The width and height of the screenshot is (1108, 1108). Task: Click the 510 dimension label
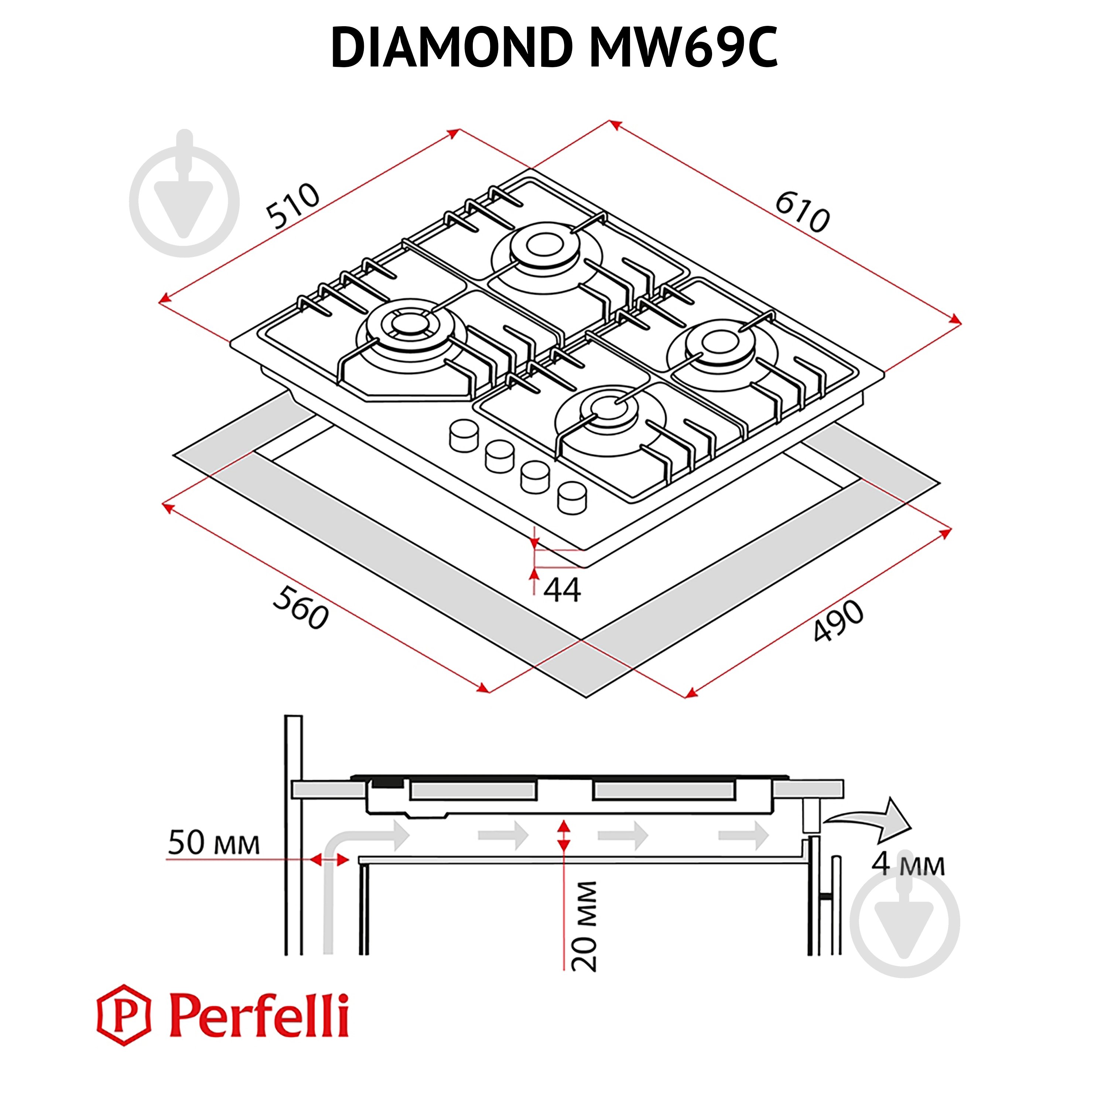[x=293, y=205]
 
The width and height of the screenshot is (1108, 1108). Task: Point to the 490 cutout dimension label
[x=838, y=620]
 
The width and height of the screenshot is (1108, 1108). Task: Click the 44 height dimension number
[x=561, y=590]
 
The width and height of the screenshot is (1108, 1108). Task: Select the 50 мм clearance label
[x=213, y=843]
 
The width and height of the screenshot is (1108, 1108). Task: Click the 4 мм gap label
[x=908, y=864]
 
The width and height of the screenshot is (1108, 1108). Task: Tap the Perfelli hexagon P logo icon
[x=123, y=1016]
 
